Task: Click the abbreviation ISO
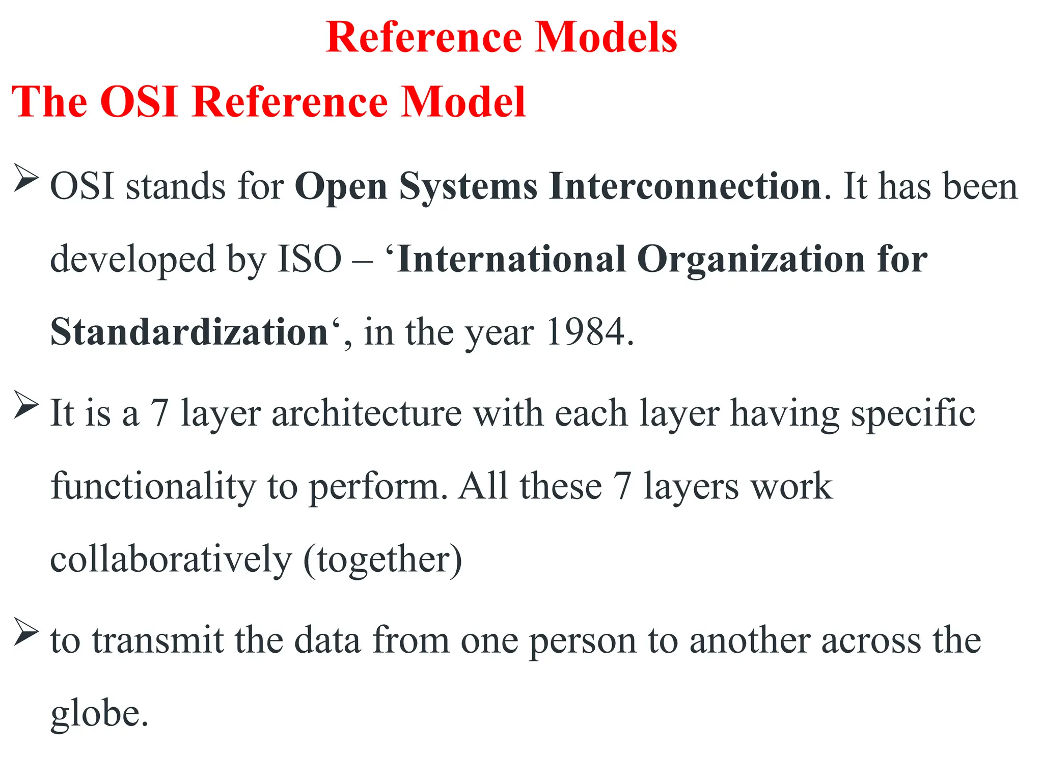click(x=310, y=259)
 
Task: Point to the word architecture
click(x=367, y=413)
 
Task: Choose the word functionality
click(x=153, y=487)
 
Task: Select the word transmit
click(x=158, y=640)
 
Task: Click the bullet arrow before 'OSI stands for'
click(x=26, y=178)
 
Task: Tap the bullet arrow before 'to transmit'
click(x=26, y=631)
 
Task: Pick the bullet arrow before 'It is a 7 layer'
click(x=26, y=405)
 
